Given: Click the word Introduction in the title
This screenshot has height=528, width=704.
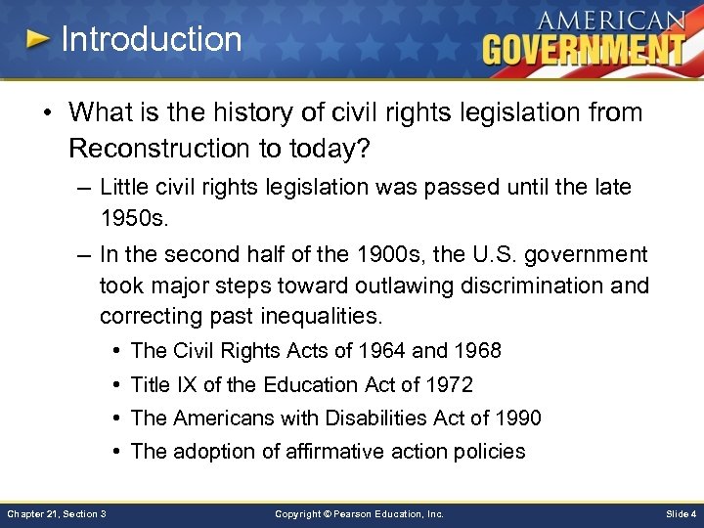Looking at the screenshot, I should (151, 39).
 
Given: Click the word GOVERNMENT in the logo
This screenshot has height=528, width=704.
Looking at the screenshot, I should (583, 48).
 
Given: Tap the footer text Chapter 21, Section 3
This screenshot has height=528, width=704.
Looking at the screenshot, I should (57, 513).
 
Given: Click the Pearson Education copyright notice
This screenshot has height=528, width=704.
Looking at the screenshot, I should (359, 513).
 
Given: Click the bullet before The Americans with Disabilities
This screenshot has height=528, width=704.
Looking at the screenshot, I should (115, 418).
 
